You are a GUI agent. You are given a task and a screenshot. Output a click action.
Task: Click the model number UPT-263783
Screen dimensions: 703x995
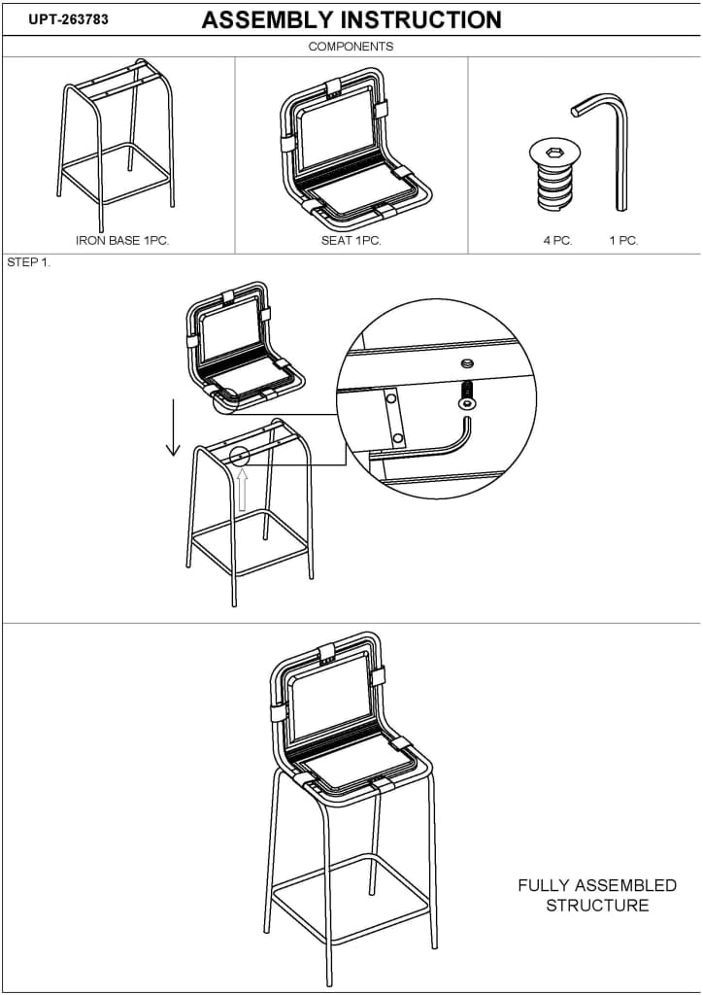(x=69, y=19)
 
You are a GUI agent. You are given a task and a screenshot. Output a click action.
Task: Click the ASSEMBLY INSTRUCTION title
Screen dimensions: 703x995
(x=351, y=20)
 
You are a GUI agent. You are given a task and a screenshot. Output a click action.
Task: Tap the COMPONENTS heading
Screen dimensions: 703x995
(x=351, y=47)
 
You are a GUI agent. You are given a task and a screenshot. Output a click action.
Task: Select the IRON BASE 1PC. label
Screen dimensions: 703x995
(x=122, y=241)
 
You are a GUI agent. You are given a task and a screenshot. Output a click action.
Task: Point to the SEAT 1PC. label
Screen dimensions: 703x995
(x=351, y=241)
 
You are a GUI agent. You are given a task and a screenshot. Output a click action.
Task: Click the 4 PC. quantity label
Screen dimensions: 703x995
(x=557, y=241)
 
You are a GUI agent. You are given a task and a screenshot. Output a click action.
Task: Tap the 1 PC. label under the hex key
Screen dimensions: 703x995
(x=623, y=241)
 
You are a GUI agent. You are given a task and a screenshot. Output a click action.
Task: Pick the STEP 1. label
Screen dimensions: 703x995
(x=28, y=262)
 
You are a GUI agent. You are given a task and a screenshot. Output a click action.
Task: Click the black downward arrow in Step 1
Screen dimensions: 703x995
(x=173, y=428)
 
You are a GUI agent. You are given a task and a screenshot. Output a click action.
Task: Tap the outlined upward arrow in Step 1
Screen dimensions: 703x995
(x=242, y=490)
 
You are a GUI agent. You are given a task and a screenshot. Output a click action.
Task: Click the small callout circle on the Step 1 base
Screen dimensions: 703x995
(x=240, y=455)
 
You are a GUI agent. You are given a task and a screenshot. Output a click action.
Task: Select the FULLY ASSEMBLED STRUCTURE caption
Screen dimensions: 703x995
(x=597, y=895)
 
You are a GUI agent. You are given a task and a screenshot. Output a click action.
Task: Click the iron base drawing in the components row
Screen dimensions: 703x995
(x=117, y=146)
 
